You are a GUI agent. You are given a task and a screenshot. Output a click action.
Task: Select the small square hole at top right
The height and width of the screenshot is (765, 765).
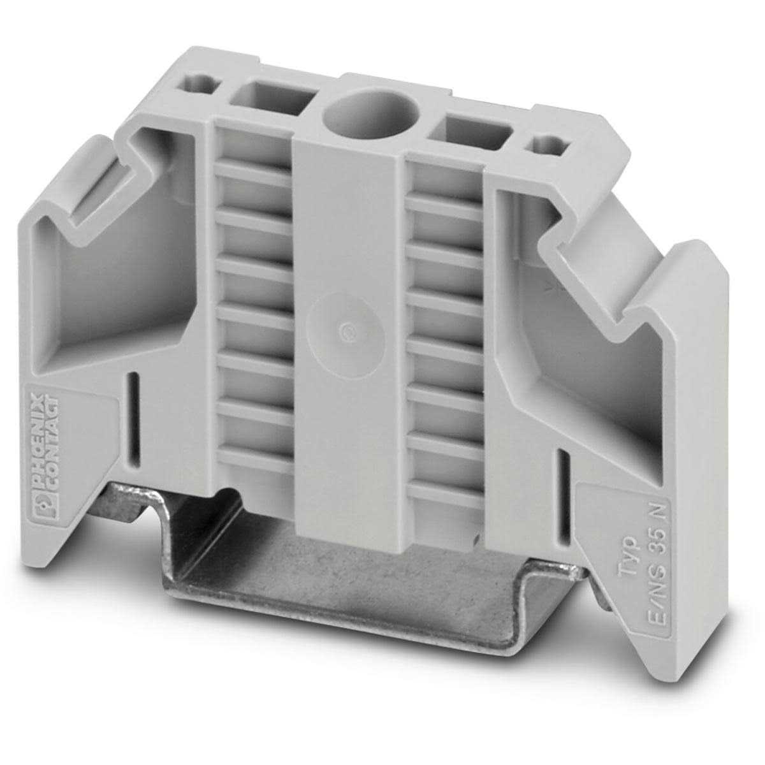546,145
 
